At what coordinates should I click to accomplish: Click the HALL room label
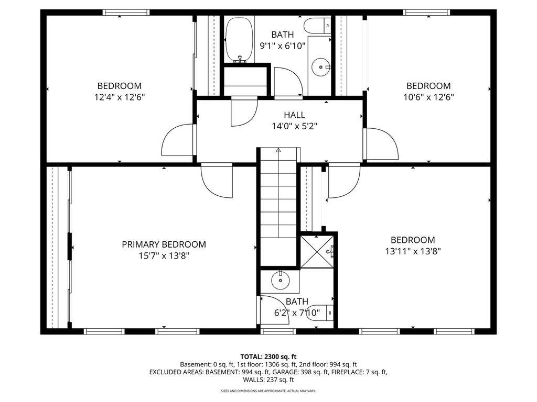click(x=294, y=115)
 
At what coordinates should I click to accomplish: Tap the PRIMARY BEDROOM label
click(x=164, y=244)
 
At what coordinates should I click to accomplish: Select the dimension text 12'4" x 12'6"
click(x=120, y=97)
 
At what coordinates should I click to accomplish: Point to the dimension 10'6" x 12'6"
click(x=428, y=97)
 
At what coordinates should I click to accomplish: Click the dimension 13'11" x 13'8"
click(x=413, y=251)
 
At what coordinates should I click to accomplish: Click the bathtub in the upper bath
click(x=240, y=40)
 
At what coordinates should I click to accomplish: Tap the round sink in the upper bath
click(x=321, y=67)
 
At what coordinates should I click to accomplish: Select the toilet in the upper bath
click(x=318, y=26)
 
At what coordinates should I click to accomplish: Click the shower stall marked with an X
click(x=317, y=252)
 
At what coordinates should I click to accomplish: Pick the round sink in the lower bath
click(x=281, y=281)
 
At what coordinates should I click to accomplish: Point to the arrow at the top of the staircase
click(x=278, y=150)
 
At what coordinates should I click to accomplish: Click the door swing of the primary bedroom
click(x=217, y=182)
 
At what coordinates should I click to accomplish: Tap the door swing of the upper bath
click(x=288, y=82)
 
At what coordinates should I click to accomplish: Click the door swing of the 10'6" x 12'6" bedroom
click(x=381, y=143)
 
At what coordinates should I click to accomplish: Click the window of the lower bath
click(x=278, y=331)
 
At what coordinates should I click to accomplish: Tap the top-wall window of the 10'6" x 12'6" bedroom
click(x=426, y=13)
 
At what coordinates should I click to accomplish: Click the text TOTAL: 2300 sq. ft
click(x=268, y=357)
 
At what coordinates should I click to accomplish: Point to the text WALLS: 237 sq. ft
click(x=268, y=379)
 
